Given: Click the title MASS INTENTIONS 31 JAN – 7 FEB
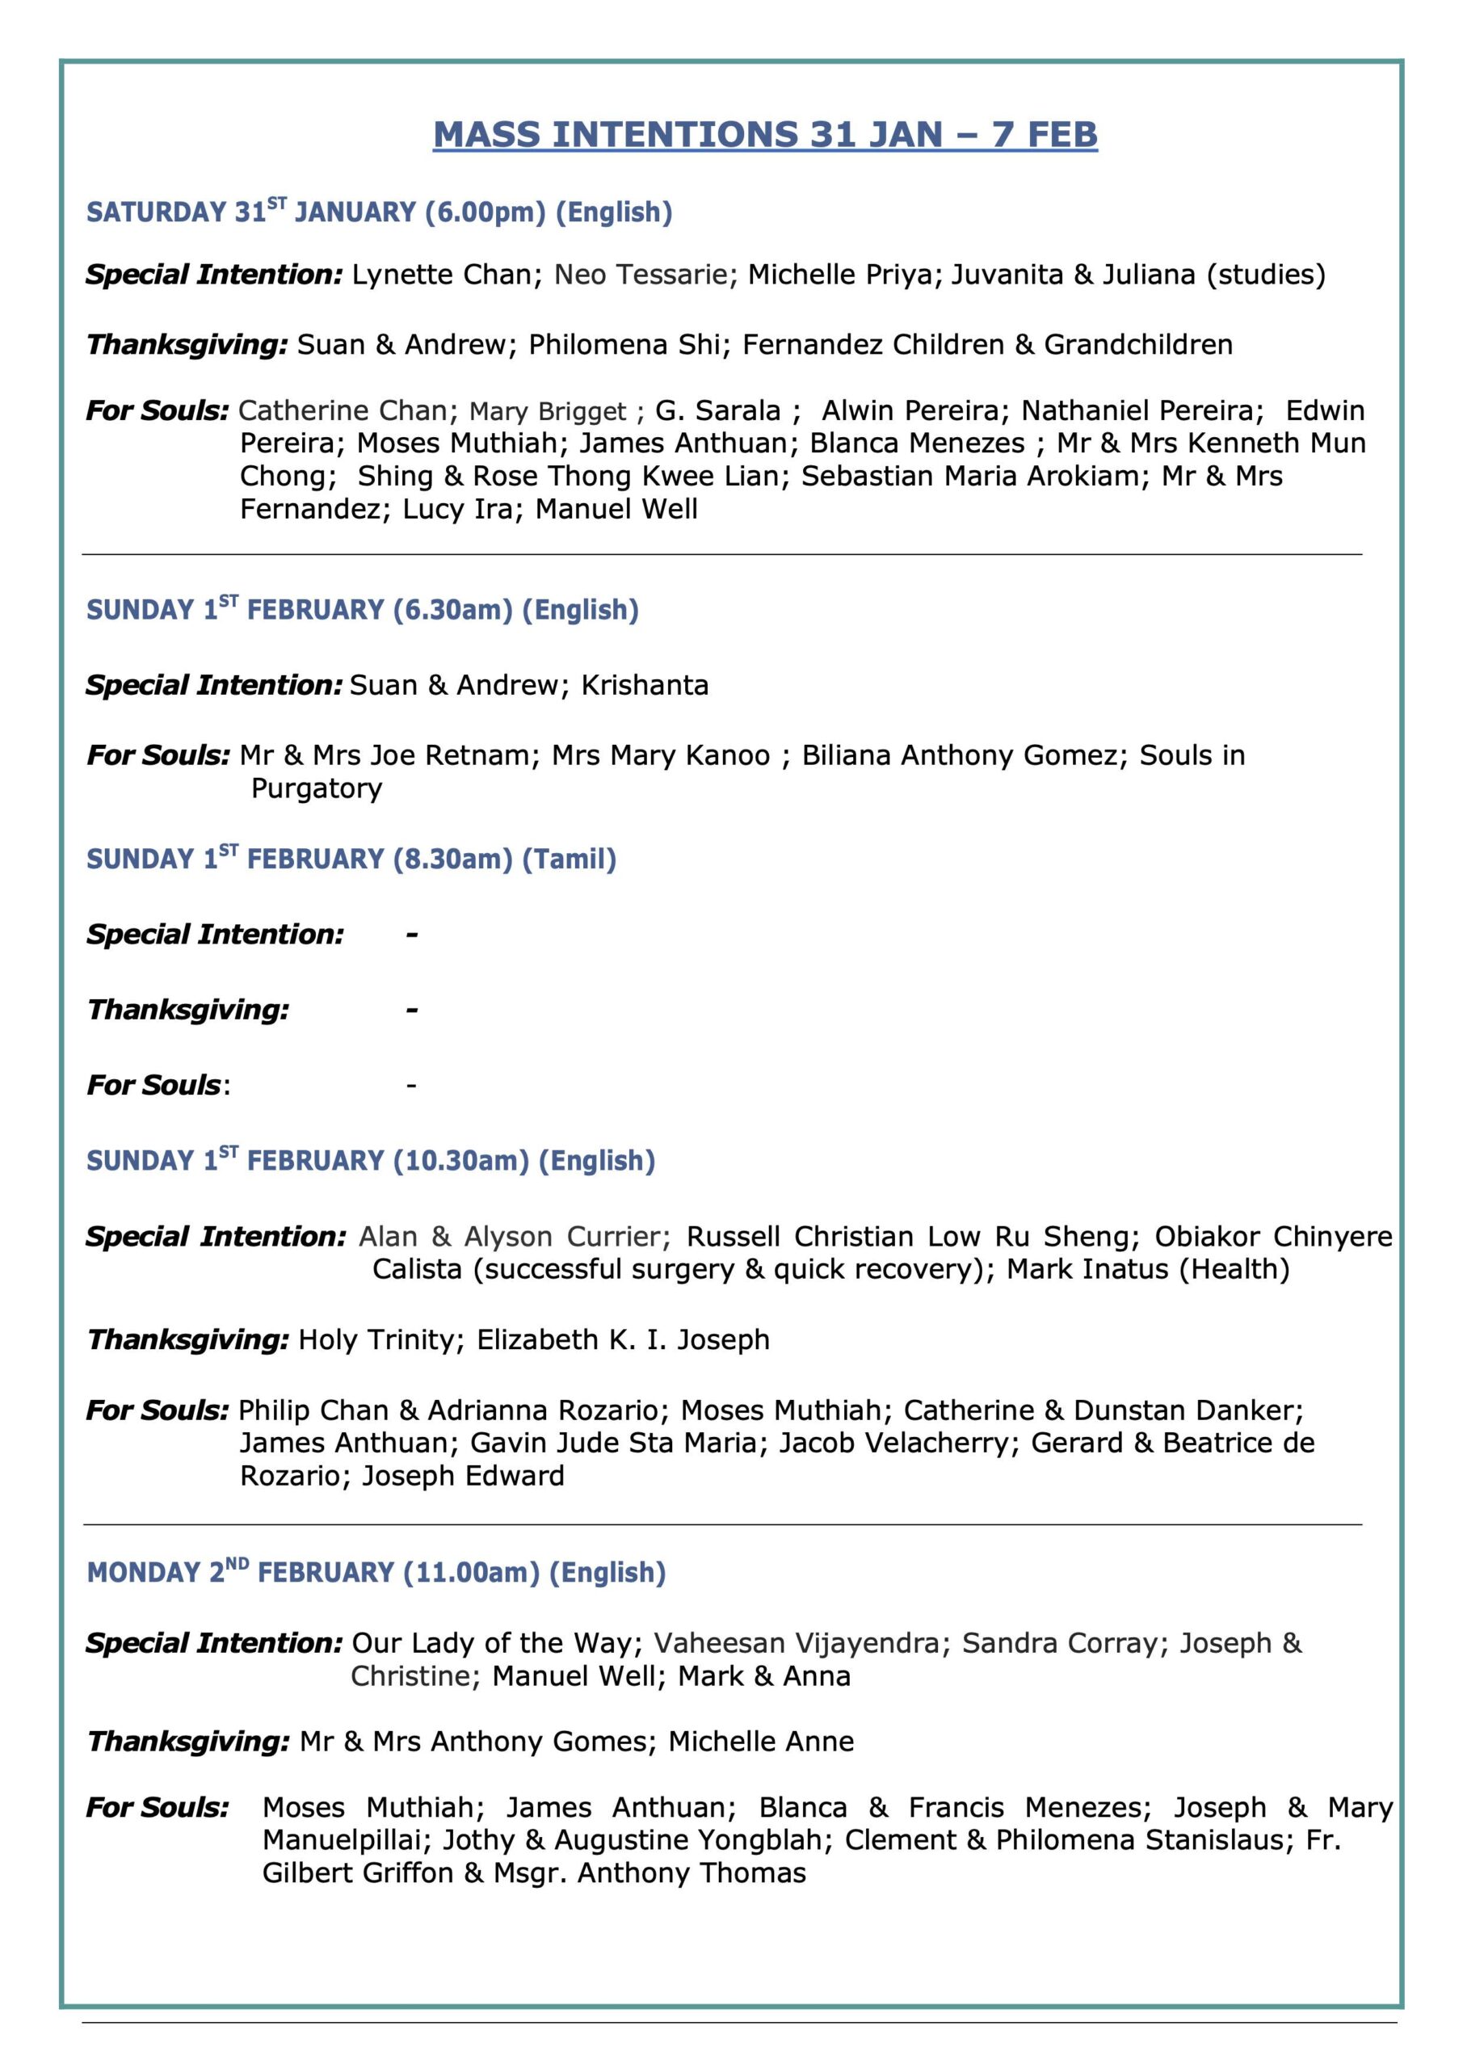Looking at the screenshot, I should point(765,135).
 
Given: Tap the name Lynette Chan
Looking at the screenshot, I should point(441,275).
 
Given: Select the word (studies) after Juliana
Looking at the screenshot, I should point(1266,275).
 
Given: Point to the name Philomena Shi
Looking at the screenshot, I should point(624,345).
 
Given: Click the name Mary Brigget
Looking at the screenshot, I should point(548,412).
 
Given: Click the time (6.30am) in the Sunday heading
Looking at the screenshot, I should point(453,611).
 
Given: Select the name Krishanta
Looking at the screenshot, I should point(645,686).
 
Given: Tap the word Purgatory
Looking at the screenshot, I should point(317,788).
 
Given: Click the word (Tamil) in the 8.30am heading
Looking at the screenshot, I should point(570,860).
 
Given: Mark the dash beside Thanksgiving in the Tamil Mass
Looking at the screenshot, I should point(412,1010).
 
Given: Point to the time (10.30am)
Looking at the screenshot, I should point(461,1161).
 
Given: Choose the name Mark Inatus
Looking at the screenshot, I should point(1087,1269).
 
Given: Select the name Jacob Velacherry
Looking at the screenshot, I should point(893,1443).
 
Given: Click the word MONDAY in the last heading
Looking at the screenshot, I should point(143,1573).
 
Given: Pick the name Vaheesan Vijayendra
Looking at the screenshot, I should point(797,1643).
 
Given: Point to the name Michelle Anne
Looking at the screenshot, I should point(761,1741).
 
